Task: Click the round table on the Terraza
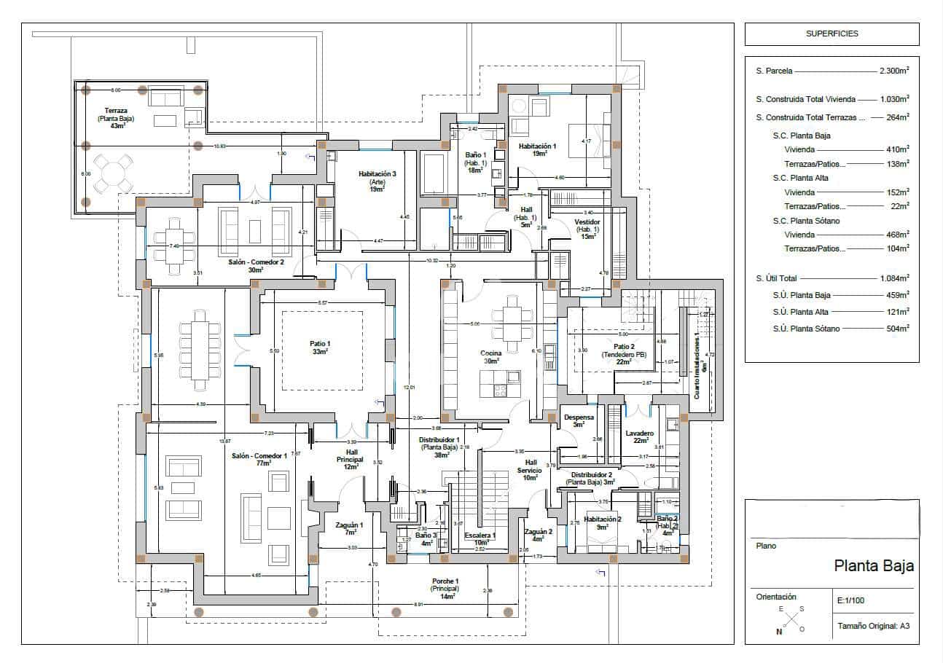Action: pos(114,174)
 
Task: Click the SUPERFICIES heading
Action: pos(832,34)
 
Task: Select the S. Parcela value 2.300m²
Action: pos(894,71)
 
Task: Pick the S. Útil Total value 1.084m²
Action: pos(894,278)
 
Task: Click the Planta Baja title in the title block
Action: pos(873,566)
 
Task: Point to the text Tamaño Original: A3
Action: pos(872,626)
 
